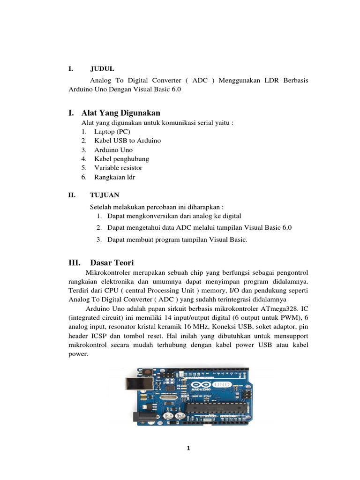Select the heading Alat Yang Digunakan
click(x=120, y=112)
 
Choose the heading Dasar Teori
click(x=112, y=262)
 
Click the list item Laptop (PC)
click(x=112, y=132)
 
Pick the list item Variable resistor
click(x=118, y=167)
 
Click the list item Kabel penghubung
click(x=121, y=158)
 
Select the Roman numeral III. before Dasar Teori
click(x=75, y=262)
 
